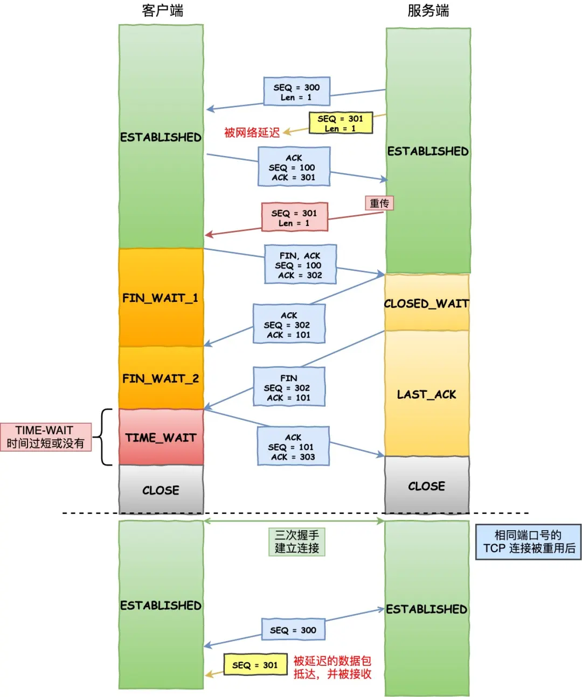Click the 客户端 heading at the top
pyautogui.click(x=162, y=11)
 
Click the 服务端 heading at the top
pyautogui.click(x=428, y=11)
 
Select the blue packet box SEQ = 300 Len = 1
pyautogui.click(x=296, y=91)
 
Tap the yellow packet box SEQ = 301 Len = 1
pyautogui.click(x=341, y=123)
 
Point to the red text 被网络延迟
pyautogui.click(x=252, y=132)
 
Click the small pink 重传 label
pyautogui.click(x=379, y=203)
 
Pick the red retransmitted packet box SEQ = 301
pyautogui.click(x=294, y=217)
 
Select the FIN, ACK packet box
pyautogui.click(x=300, y=265)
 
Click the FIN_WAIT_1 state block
pyautogui.click(x=161, y=298)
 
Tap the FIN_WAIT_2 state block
pyautogui.click(x=161, y=378)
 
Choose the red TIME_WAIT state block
pyautogui.click(x=161, y=437)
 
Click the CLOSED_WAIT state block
pyautogui.click(x=426, y=303)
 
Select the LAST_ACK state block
pyautogui.click(x=426, y=394)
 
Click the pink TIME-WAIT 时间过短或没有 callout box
pyautogui.click(x=46, y=436)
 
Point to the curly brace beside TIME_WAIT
pyautogui.click(x=105, y=436)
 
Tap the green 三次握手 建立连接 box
pyautogui.click(x=296, y=541)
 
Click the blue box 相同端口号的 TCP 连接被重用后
pyautogui.click(x=528, y=542)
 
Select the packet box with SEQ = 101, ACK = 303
pyautogui.click(x=293, y=447)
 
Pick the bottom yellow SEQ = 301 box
pyautogui.click(x=255, y=665)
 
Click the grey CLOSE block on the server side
pyautogui.click(x=426, y=485)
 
